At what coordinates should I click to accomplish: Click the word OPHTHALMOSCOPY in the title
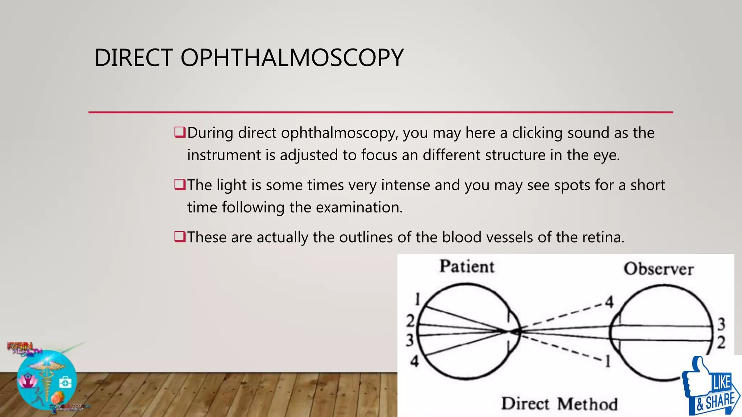[x=292, y=58]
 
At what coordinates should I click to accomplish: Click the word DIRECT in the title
[x=134, y=58]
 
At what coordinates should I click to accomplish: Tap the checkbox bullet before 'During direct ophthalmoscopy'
[x=180, y=132]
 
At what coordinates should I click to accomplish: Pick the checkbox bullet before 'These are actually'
[x=180, y=237]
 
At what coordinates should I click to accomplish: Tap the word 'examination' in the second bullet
[x=358, y=207]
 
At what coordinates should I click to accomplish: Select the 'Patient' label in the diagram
[x=467, y=267]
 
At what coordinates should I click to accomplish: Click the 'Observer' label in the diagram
[x=658, y=269]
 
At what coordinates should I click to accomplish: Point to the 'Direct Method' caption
[x=559, y=404]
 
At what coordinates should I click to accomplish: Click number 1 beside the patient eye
[x=417, y=300]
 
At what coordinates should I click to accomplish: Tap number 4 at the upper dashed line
[x=609, y=302]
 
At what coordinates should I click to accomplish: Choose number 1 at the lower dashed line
[x=608, y=361]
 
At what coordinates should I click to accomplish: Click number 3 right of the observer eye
[x=721, y=324]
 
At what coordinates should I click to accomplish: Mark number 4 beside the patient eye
[x=414, y=361]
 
